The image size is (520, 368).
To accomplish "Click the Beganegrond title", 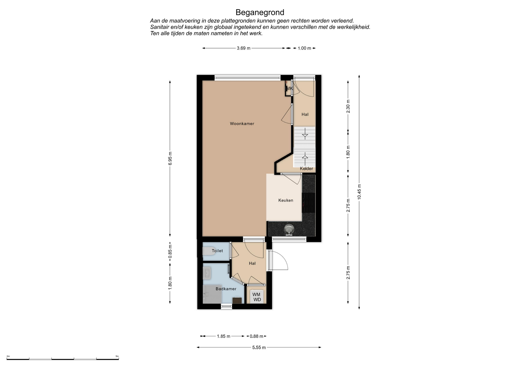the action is tap(260, 12).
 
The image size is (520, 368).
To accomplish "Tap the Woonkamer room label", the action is tap(242, 124).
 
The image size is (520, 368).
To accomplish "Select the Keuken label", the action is tap(286, 200).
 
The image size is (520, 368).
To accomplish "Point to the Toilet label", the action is tap(217, 251).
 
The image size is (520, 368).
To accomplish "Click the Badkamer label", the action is tap(226, 289).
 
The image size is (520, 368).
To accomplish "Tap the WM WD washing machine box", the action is tap(256, 297).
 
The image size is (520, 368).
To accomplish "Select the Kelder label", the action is tap(306, 169).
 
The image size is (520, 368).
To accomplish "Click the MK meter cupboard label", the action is tap(289, 88).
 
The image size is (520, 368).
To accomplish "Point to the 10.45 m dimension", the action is tap(359, 192).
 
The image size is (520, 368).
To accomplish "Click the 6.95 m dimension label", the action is tap(170, 159).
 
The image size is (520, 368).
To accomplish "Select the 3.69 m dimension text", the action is tap(243, 48).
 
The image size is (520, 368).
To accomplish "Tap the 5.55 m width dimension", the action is tap(259, 347).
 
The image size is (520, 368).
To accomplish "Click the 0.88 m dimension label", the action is tap(256, 336).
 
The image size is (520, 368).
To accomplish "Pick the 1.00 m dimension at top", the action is tap(304, 48).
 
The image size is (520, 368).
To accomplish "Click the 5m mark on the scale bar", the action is tap(117, 356).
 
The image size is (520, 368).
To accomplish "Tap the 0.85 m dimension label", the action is tap(170, 252).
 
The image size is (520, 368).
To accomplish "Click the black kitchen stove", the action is tap(309, 203).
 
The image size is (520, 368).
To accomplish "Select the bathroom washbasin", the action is tap(207, 273).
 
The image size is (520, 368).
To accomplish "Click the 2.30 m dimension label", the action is tap(348, 106).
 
